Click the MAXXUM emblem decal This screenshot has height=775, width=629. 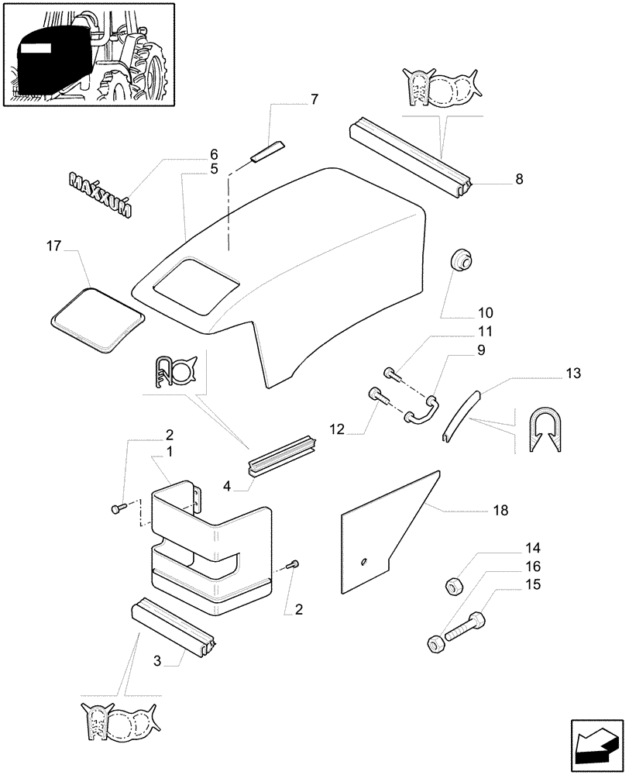100,194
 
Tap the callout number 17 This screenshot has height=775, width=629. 53,246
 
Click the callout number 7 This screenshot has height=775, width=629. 314,98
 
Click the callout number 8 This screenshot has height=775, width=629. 518,179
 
